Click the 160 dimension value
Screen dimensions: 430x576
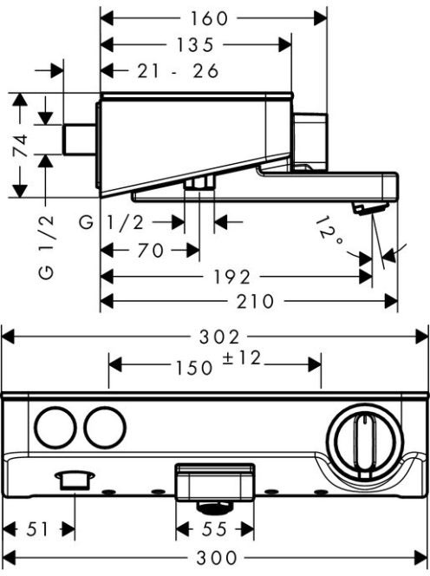[x=209, y=18]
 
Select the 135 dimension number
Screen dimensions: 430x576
[x=195, y=45]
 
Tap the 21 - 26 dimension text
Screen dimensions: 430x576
[x=178, y=71]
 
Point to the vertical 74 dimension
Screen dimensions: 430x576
[x=22, y=146]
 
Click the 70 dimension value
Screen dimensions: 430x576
[x=150, y=251]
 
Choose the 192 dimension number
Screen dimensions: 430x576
[x=232, y=277]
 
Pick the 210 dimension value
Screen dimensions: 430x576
[x=255, y=302]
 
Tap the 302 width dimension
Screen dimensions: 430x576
[x=219, y=337]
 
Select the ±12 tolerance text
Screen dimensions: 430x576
[x=241, y=358]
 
